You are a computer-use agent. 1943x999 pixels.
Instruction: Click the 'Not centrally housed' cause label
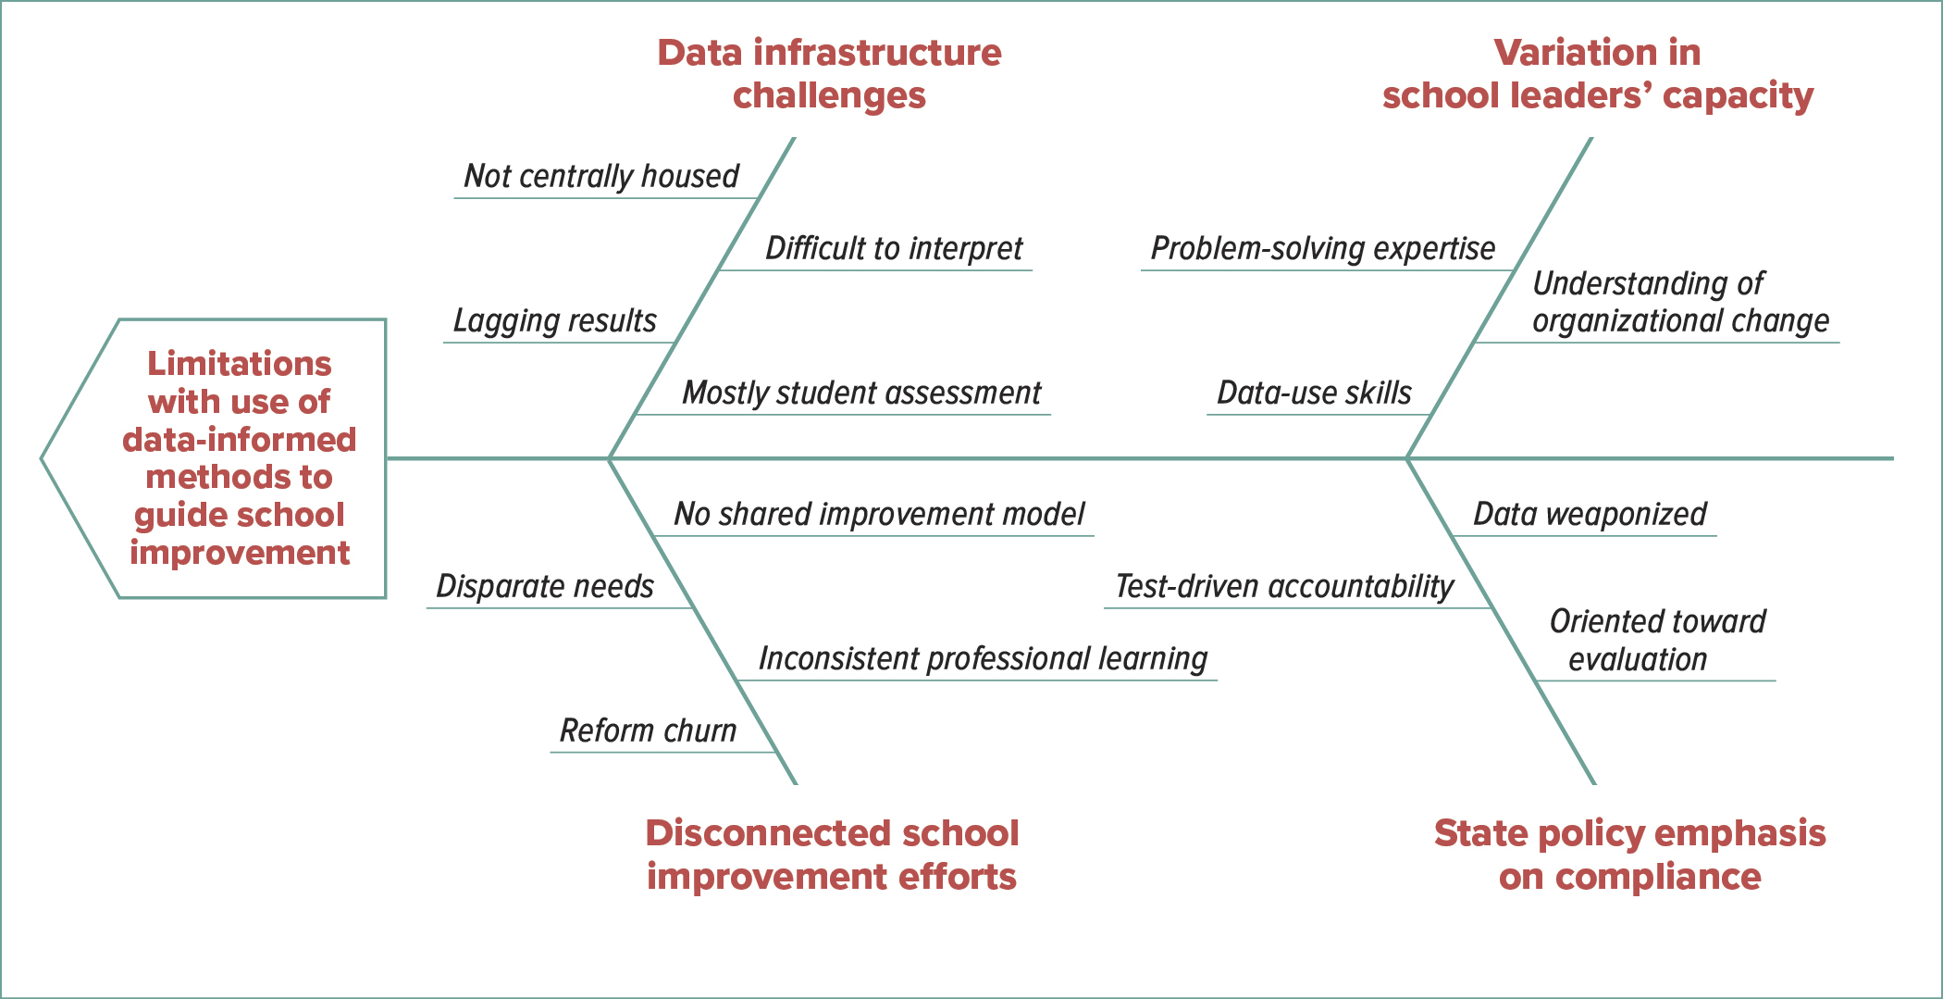click(x=601, y=175)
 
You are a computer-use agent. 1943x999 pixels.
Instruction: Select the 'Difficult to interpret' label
click(x=894, y=248)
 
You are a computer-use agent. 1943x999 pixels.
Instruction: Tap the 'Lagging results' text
click(x=554, y=320)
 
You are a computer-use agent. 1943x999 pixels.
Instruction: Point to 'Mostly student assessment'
click(x=861, y=393)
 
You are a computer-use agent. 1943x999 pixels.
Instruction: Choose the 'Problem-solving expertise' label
click(x=1322, y=248)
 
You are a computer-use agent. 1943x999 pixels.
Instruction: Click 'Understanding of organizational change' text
click(x=1680, y=302)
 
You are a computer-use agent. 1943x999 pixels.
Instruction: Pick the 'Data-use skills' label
click(x=1314, y=393)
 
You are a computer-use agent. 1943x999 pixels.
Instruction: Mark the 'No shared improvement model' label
click(x=879, y=514)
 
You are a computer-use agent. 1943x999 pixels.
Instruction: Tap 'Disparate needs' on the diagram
click(x=544, y=586)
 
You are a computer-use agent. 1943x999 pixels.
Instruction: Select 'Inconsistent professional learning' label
click(x=983, y=658)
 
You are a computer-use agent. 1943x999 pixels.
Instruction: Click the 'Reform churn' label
click(x=648, y=731)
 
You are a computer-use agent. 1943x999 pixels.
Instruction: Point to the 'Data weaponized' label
click(x=1590, y=514)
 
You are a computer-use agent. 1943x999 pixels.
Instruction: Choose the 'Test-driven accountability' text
click(x=1284, y=586)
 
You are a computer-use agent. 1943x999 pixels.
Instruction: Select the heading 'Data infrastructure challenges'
click(x=829, y=74)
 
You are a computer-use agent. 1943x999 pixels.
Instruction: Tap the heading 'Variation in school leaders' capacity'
click(x=1598, y=74)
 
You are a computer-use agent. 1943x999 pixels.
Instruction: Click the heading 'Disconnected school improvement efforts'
click(x=832, y=855)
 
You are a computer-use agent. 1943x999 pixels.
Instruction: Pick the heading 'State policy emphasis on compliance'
click(x=1629, y=855)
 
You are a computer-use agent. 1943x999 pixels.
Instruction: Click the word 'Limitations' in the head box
click(x=240, y=363)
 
